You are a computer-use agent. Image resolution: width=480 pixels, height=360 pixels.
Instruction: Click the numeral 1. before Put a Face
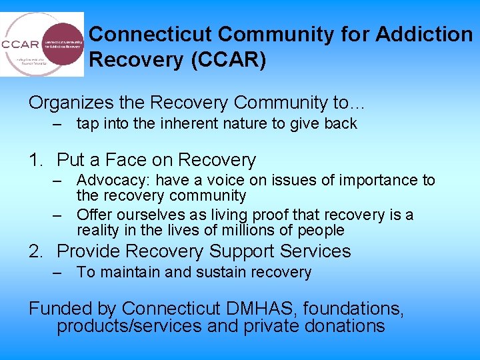[x=36, y=160]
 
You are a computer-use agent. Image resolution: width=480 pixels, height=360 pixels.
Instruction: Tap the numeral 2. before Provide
[x=36, y=251]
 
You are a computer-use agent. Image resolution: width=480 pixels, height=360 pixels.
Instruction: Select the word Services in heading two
[x=313, y=251]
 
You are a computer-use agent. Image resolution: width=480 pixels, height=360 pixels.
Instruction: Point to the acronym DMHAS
[x=261, y=309]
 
